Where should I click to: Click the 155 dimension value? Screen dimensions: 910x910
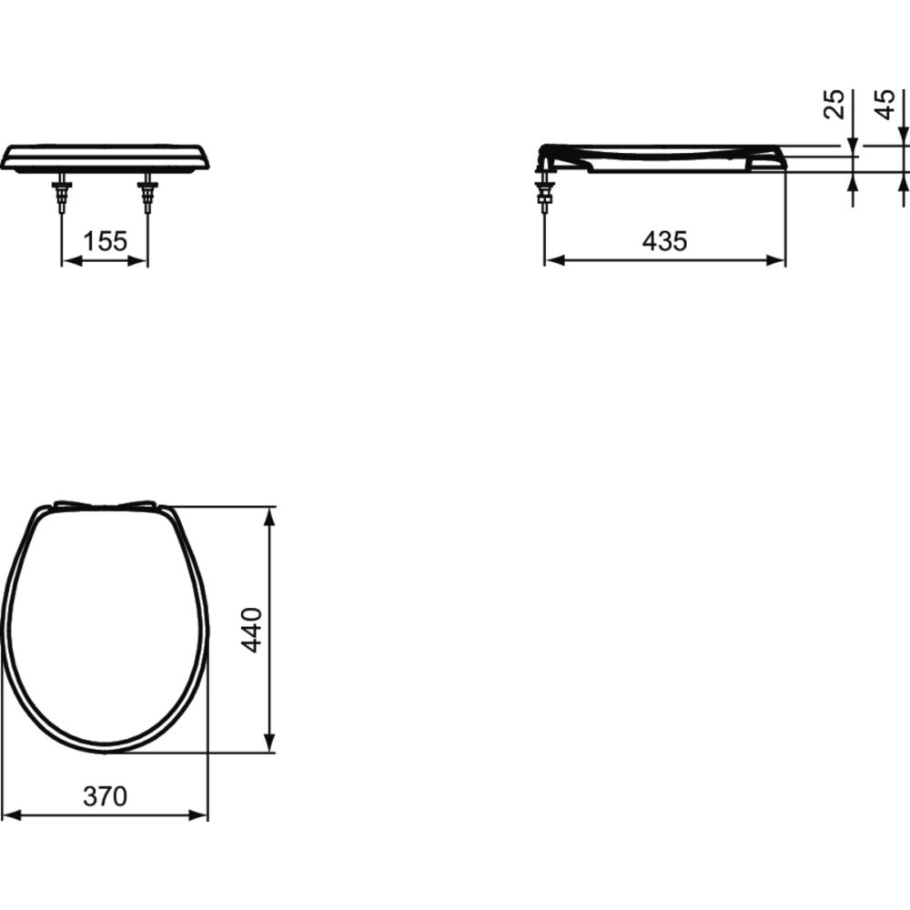coord(105,241)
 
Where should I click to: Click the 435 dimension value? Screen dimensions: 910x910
coord(664,241)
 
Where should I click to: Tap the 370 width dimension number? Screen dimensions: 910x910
coord(106,796)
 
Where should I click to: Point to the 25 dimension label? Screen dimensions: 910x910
coord(834,105)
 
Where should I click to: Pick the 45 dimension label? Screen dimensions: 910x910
coord(885,105)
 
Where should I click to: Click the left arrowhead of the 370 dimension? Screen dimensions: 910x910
coord(11,814)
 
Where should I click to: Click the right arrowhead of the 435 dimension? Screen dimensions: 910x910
coord(777,260)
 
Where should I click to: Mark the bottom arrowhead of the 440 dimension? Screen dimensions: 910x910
coord(269,743)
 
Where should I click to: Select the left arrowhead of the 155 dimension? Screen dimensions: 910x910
coord(69,260)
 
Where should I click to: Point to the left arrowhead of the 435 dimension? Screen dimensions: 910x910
coord(552,260)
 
